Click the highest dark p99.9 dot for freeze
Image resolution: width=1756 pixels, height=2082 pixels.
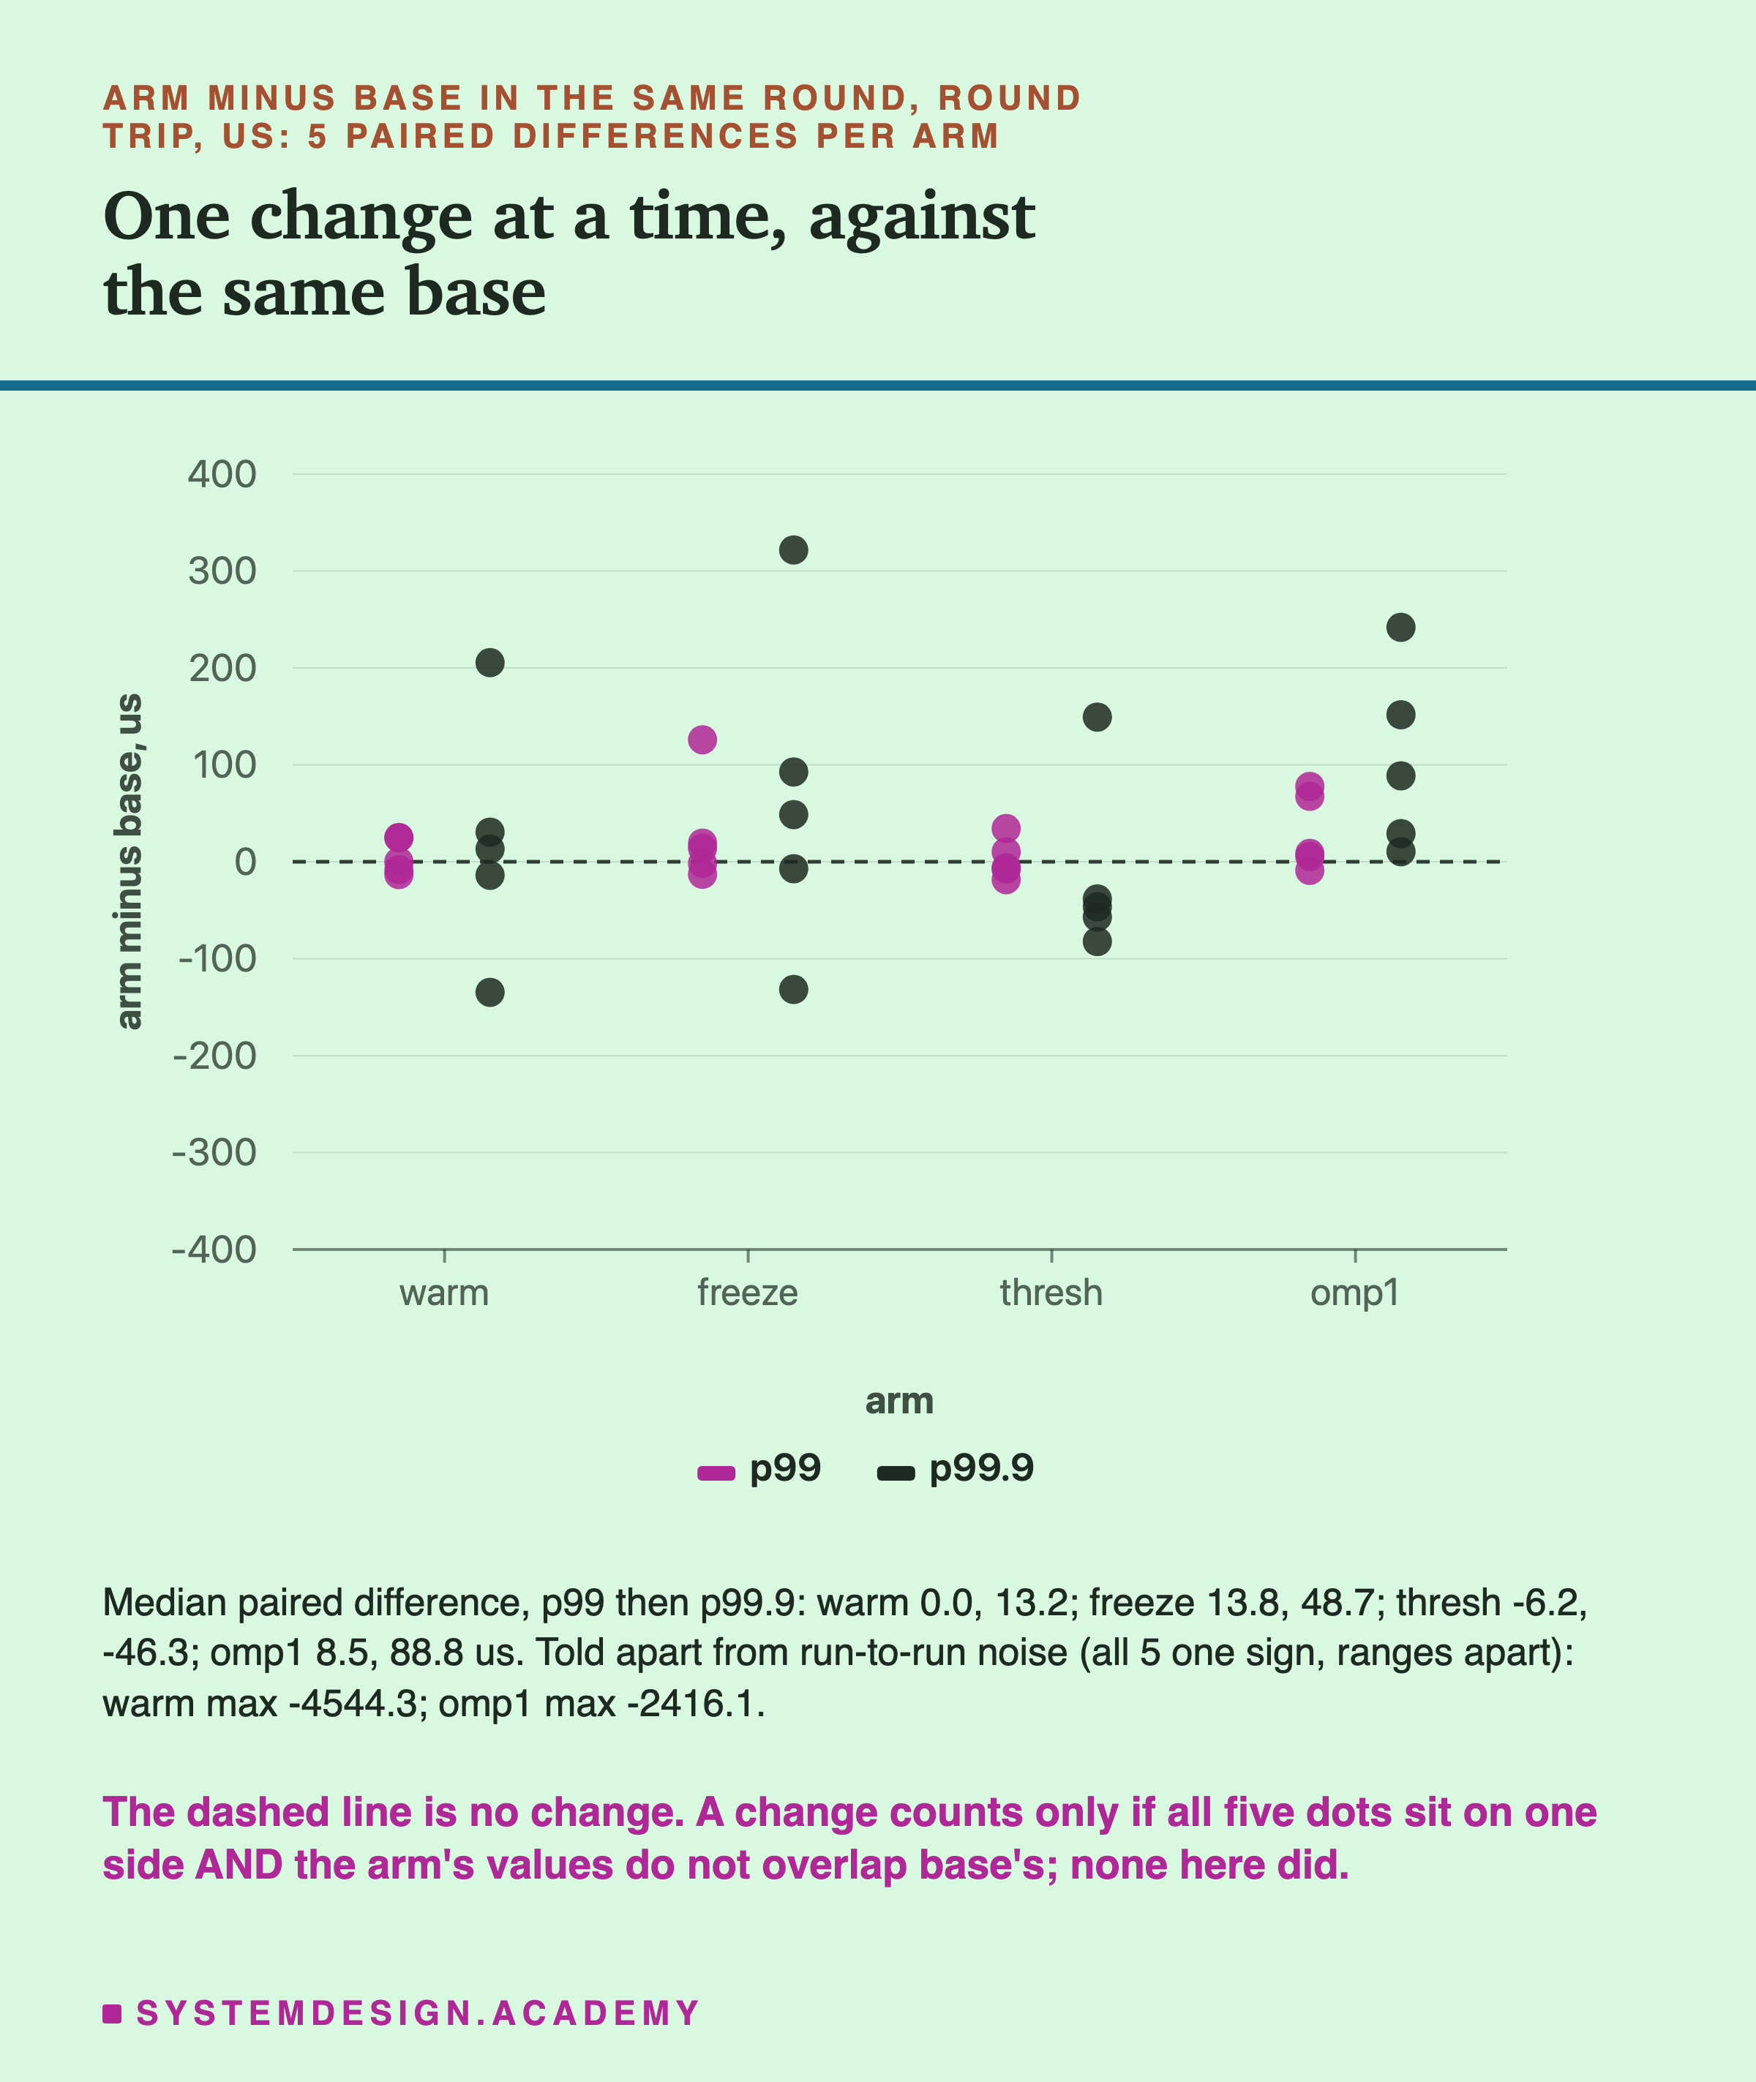tap(793, 549)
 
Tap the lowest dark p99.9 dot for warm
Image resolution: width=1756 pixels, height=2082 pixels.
tap(489, 992)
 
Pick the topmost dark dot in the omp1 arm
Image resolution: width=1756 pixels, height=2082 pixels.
tap(1400, 627)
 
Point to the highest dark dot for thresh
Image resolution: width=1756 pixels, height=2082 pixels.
tap(1097, 717)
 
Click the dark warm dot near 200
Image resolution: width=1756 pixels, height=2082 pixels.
tap(489, 663)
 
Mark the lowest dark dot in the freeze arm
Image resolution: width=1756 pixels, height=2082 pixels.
tap(793, 989)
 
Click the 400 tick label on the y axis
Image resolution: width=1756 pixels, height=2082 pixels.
tap(222, 474)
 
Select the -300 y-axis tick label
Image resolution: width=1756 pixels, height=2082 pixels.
tap(214, 1152)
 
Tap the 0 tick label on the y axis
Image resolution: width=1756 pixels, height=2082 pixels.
tap(245, 862)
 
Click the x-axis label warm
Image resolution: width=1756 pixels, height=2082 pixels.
tap(444, 1293)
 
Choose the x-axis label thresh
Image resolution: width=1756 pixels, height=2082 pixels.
tap(1051, 1293)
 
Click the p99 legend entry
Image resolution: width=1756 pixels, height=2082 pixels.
tap(759, 1468)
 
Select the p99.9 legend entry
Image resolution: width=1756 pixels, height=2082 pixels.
tap(956, 1468)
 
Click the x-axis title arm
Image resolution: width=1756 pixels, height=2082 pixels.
tap(899, 1401)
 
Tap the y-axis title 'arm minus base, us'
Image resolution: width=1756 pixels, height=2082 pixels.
tap(130, 862)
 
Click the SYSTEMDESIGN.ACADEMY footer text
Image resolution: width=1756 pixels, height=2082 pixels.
tap(418, 2013)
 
